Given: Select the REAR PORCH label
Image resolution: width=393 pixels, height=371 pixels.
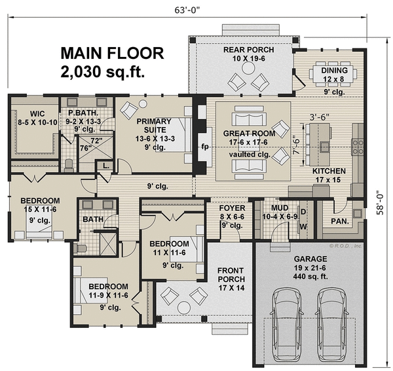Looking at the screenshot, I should click(x=249, y=49).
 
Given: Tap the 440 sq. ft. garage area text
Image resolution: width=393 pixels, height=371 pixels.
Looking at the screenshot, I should click(x=304, y=277).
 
